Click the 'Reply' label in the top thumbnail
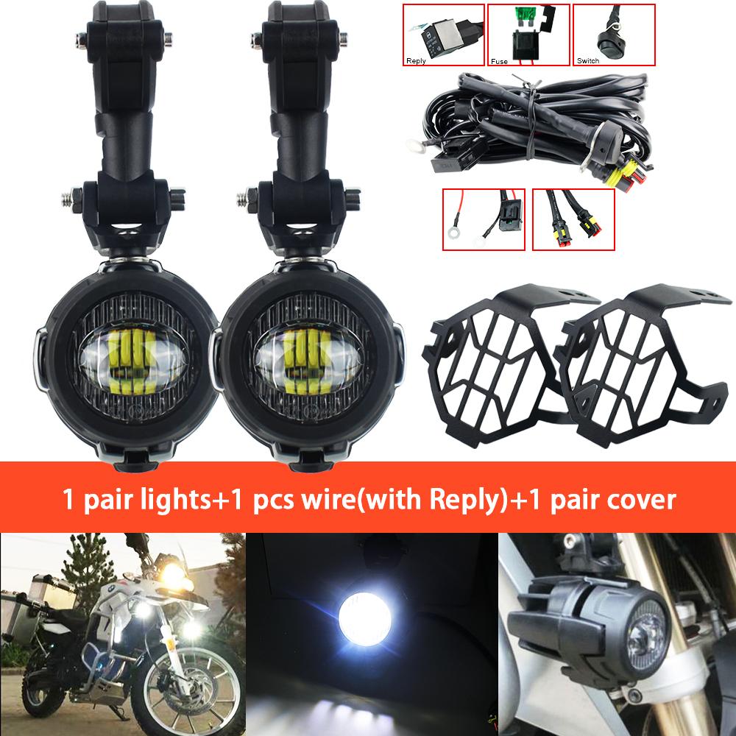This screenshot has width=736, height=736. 417,61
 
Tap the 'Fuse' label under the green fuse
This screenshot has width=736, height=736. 500,61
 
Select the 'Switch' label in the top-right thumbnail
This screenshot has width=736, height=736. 589,61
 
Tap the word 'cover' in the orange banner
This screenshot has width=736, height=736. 640,500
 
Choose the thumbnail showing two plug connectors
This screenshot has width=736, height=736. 573,219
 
